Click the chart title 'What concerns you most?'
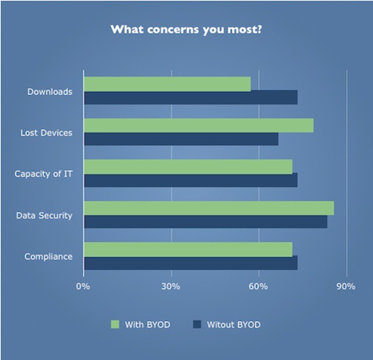[x=186, y=29]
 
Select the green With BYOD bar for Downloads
[x=167, y=84]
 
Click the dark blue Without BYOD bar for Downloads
[x=191, y=97]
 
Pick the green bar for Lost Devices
[x=199, y=125]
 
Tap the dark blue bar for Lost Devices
[x=181, y=139]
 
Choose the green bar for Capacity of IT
[x=188, y=167]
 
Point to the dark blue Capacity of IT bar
[x=191, y=180]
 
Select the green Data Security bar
[x=209, y=208]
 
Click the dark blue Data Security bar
[x=205, y=222]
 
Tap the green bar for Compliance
[x=188, y=250]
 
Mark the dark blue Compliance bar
[x=191, y=263]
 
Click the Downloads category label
[x=50, y=92]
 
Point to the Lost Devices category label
[x=47, y=133]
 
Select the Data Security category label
[x=44, y=216]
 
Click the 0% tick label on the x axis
[x=84, y=286]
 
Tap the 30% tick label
[x=171, y=286]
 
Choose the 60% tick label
[x=259, y=286]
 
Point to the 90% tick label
[x=346, y=286]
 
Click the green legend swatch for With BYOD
[x=115, y=324]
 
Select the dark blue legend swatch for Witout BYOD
[x=196, y=324]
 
